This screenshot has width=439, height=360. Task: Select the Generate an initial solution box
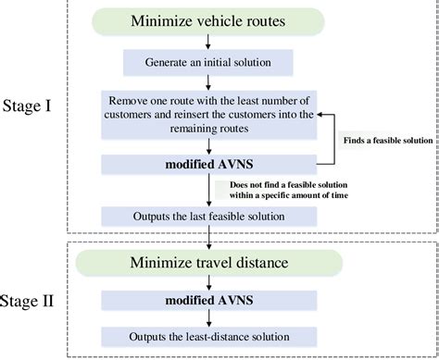[207, 62]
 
